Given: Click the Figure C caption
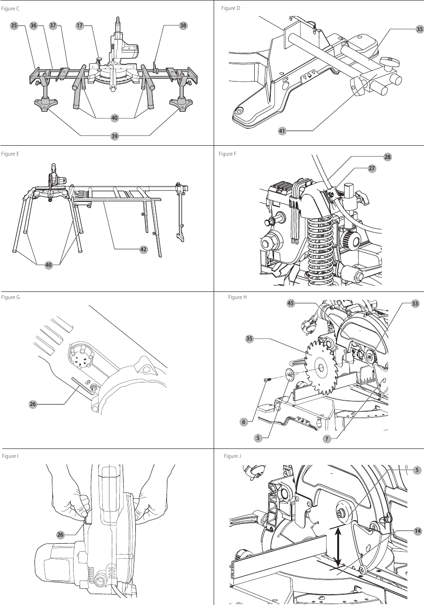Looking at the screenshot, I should (x=11, y=9).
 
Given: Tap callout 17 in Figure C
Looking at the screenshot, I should (x=80, y=26).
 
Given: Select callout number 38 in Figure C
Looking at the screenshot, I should (x=183, y=26).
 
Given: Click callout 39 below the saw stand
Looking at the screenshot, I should (x=115, y=136).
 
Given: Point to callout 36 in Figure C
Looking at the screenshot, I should (x=33, y=26).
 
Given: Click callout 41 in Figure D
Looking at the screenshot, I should (x=282, y=131).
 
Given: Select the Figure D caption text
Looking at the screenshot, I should (x=231, y=8).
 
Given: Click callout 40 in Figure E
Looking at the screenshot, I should (x=49, y=265).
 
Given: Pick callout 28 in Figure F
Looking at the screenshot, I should (x=388, y=157).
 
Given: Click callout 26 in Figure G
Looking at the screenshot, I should (x=33, y=404).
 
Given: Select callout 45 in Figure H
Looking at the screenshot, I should (x=291, y=303).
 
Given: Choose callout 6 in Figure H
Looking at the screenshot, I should (x=244, y=422).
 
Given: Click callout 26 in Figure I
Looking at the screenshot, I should (x=60, y=534).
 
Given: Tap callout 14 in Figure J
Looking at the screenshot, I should (x=417, y=531).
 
